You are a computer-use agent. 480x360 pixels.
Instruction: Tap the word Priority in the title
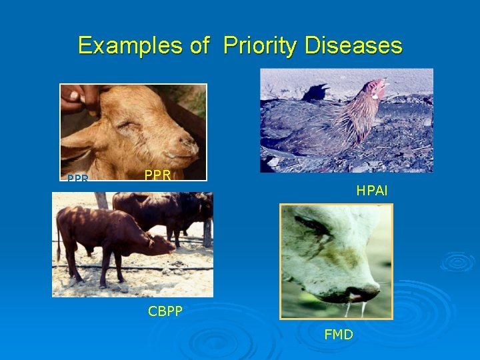point(260,45)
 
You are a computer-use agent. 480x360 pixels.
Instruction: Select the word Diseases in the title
point(353,45)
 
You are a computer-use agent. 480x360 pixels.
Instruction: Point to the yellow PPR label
point(159,176)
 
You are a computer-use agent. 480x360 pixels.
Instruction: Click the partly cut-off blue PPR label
point(77,179)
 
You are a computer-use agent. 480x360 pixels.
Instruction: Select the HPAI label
point(371,191)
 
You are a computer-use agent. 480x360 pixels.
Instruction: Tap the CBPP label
point(165,311)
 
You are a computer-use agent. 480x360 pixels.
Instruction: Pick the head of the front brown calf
point(159,244)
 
